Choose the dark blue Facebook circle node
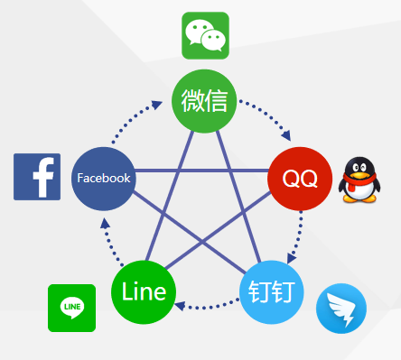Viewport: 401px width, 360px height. coord(103,178)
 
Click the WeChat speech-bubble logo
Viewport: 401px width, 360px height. coord(205,35)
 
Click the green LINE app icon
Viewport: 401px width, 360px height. coord(71,308)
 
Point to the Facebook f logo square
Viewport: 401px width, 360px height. coord(37,176)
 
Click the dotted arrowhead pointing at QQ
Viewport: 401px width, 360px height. coord(287,136)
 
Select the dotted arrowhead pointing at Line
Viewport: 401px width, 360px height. coord(180,307)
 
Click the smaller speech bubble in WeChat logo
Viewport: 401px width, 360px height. coord(213,40)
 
